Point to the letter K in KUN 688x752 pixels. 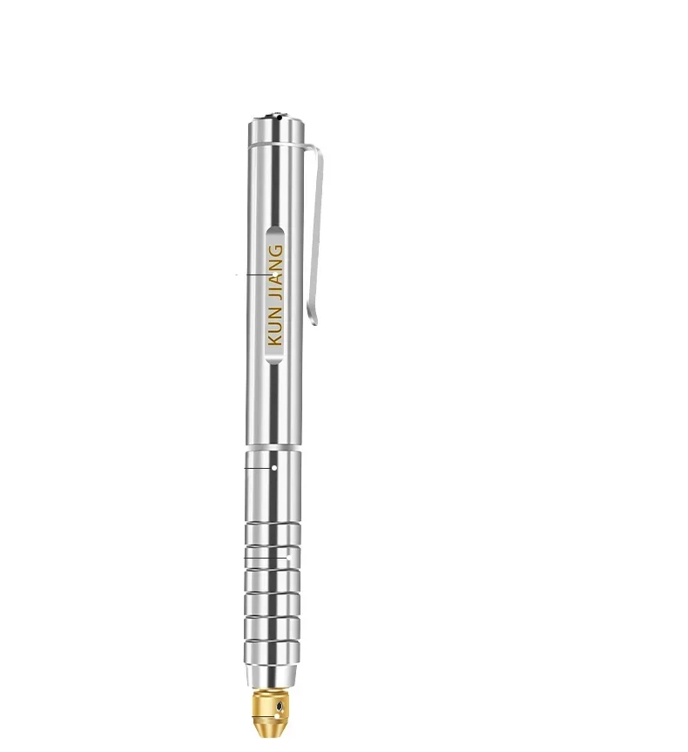pyautogui.click(x=276, y=337)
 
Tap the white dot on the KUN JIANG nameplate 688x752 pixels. pyautogui.click(x=275, y=274)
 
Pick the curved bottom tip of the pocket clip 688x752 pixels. pyautogui.click(x=316, y=321)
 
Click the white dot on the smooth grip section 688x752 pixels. pyautogui.click(x=274, y=467)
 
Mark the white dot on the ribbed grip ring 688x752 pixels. pyautogui.click(x=288, y=555)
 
